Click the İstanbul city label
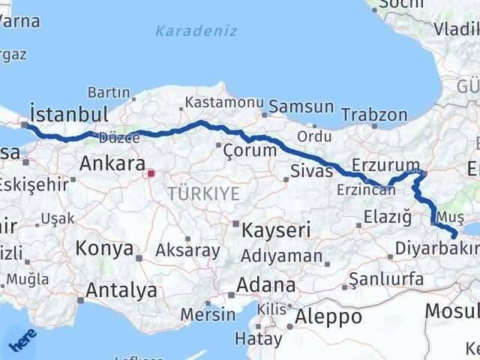click(67, 115)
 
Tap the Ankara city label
click(112, 163)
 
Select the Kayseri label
click(276, 230)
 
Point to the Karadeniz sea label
click(196, 31)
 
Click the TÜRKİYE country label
click(203, 193)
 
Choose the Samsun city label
click(301, 107)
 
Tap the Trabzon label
click(374, 115)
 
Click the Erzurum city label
click(385, 165)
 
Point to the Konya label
click(104, 248)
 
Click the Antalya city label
click(121, 290)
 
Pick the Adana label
click(265, 285)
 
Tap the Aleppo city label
click(328, 316)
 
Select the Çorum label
click(250, 151)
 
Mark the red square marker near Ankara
click(151, 173)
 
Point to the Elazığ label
click(386, 217)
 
